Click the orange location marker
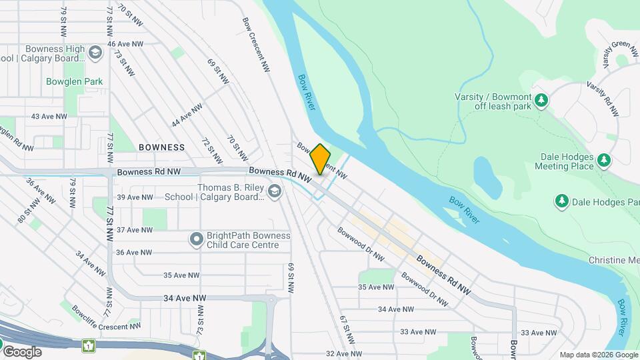(x=321, y=159)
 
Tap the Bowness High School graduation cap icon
(x=95, y=53)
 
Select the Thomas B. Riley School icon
(x=274, y=192)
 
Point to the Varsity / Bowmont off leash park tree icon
(x=542, y=101)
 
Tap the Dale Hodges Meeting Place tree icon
(x=604, y=160)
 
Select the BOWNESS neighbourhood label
(x=162, y=147)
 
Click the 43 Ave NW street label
(x=50, y=116)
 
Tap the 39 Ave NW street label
(x=135, y=197)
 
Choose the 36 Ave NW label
(x=134, y=252)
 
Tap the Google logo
(x=23, y=351)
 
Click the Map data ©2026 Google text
(x=598, y=355)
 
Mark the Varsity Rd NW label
(x=603, y=99)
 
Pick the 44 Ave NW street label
(x=187, y=115)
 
